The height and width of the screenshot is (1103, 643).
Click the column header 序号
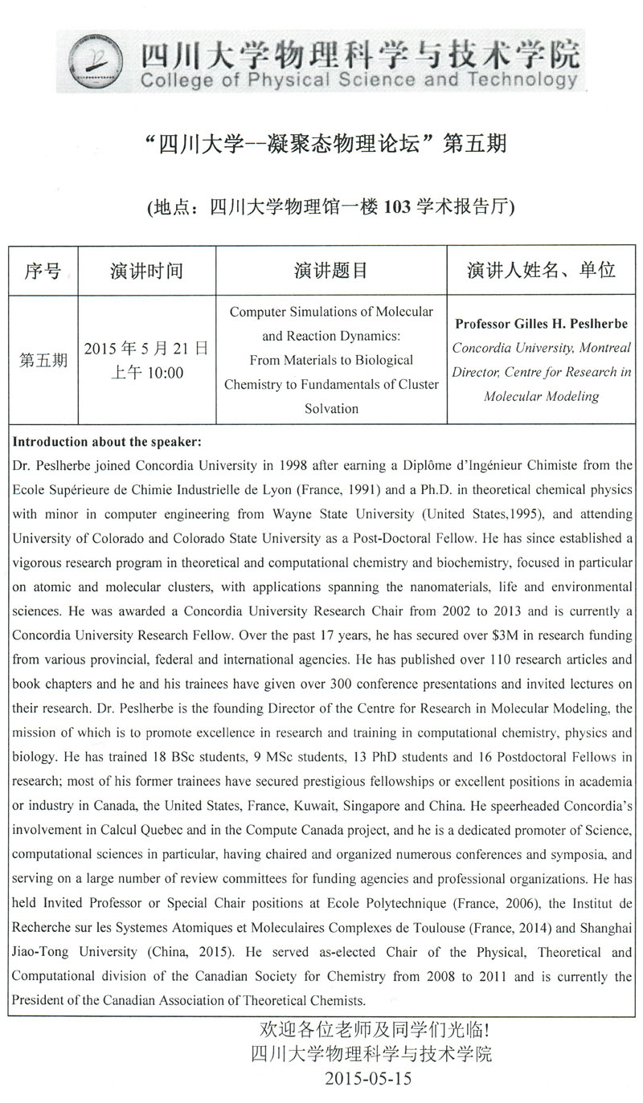pyautogui.click(x=43, y=271)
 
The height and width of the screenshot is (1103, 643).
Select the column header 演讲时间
pyautogui.click(x=146, y=271)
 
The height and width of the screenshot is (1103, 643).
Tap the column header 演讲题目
pyautogui.click(x=331, y=271)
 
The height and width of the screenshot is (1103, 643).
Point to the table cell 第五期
pyautogui.click(x=43, y=359)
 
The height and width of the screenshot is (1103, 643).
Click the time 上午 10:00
pyautogui.click(x=146, y=373)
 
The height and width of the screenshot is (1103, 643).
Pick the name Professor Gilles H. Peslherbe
pyautogui.click(x=541, y=324)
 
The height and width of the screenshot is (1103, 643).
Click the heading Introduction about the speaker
pyautogui.click(x=107, y=443)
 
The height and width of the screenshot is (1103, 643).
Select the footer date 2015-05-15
pyautogui.click(x=368, y=1078)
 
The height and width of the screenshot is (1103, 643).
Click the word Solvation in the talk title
pyautogui.click(x=331, y=408)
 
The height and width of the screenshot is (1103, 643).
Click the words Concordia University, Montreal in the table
pyautogui.click(x=541, y=348)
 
